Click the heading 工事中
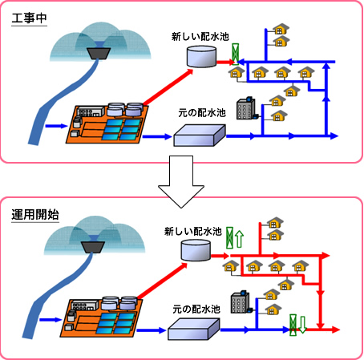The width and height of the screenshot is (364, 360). [x=29, y=18]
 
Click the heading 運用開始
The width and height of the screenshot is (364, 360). [x=35, y=215]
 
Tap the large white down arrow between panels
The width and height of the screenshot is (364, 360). [x=181, y=182]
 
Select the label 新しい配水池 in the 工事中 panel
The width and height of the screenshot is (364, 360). [x=200, y=37]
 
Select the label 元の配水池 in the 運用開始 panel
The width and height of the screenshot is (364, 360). [x=196, y=309]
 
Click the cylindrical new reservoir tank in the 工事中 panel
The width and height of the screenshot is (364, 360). [x=201, y=56]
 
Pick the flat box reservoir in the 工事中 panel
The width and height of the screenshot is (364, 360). [x=200, y=136]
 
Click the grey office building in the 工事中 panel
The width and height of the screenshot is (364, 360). [x=247, y=108]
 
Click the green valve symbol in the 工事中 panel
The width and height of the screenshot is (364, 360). [x=235, y=54]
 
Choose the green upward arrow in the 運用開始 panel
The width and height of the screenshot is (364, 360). [x=240, y=239]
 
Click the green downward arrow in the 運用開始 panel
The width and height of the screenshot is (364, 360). [x=302, y=325]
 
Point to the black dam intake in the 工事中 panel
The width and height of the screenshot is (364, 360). [x=99, y=53]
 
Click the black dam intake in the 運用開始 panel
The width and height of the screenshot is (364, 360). [x=93, y=247]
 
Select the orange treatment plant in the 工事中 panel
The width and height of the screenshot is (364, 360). [x=107, y=123]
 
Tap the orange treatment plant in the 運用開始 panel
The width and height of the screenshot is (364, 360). [x=101, y=317]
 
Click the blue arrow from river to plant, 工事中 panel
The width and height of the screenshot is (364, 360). [x=56, y=126]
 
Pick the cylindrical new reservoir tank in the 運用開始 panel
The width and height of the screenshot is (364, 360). [x=196, y=250]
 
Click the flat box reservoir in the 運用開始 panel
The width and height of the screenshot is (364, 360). [x=194, y=329]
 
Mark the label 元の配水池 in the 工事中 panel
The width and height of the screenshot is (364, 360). [x=202, y=113]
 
